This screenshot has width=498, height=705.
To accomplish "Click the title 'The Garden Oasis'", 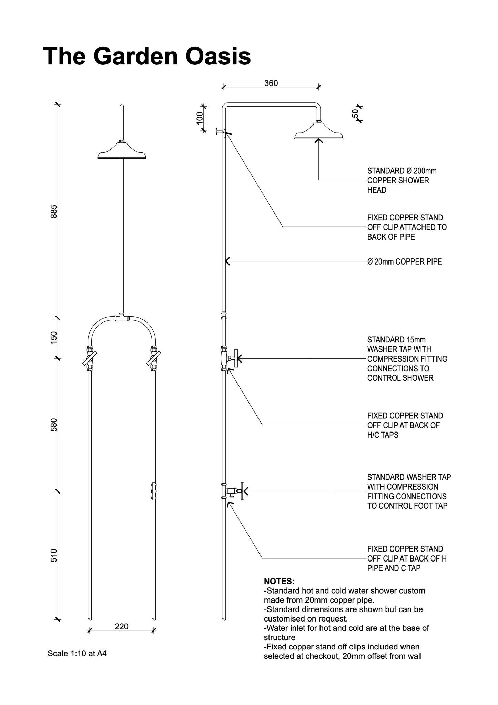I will pos(147,56).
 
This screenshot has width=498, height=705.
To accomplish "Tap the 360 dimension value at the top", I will pos(271,83).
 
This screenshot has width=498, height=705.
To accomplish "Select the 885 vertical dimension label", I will pos(54,211).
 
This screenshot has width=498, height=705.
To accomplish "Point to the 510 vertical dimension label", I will pos(54,555).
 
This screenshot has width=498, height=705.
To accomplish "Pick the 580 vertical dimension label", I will pos(54,425).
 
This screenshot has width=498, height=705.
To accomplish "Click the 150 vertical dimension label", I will pos(54,338).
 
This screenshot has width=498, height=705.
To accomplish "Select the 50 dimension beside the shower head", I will pos(355,113).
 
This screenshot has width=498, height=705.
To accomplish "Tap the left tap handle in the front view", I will pos(90,358).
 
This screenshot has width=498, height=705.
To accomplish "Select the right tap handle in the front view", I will pos(154,358).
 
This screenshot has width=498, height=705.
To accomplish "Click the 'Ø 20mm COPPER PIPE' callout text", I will pos(404,262).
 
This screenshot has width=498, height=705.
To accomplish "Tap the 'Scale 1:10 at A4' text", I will pos(77,653).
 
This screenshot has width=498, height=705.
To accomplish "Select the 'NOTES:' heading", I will pos(279,581).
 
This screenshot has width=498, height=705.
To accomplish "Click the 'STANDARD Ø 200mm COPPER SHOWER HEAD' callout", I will pos(402,180).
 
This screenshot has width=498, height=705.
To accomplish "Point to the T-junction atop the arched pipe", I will pos(121,317).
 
